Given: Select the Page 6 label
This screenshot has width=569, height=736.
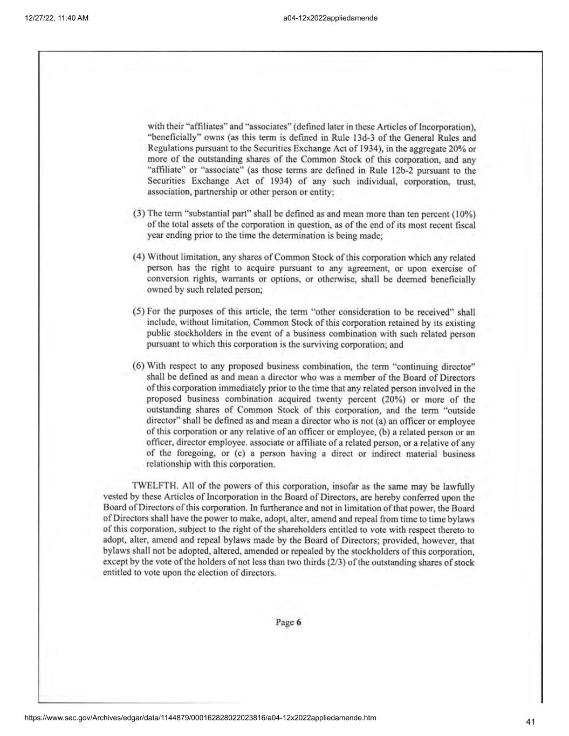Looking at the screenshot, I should click(289, 622).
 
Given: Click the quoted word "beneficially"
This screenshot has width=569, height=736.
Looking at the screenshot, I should click(168, 137).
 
